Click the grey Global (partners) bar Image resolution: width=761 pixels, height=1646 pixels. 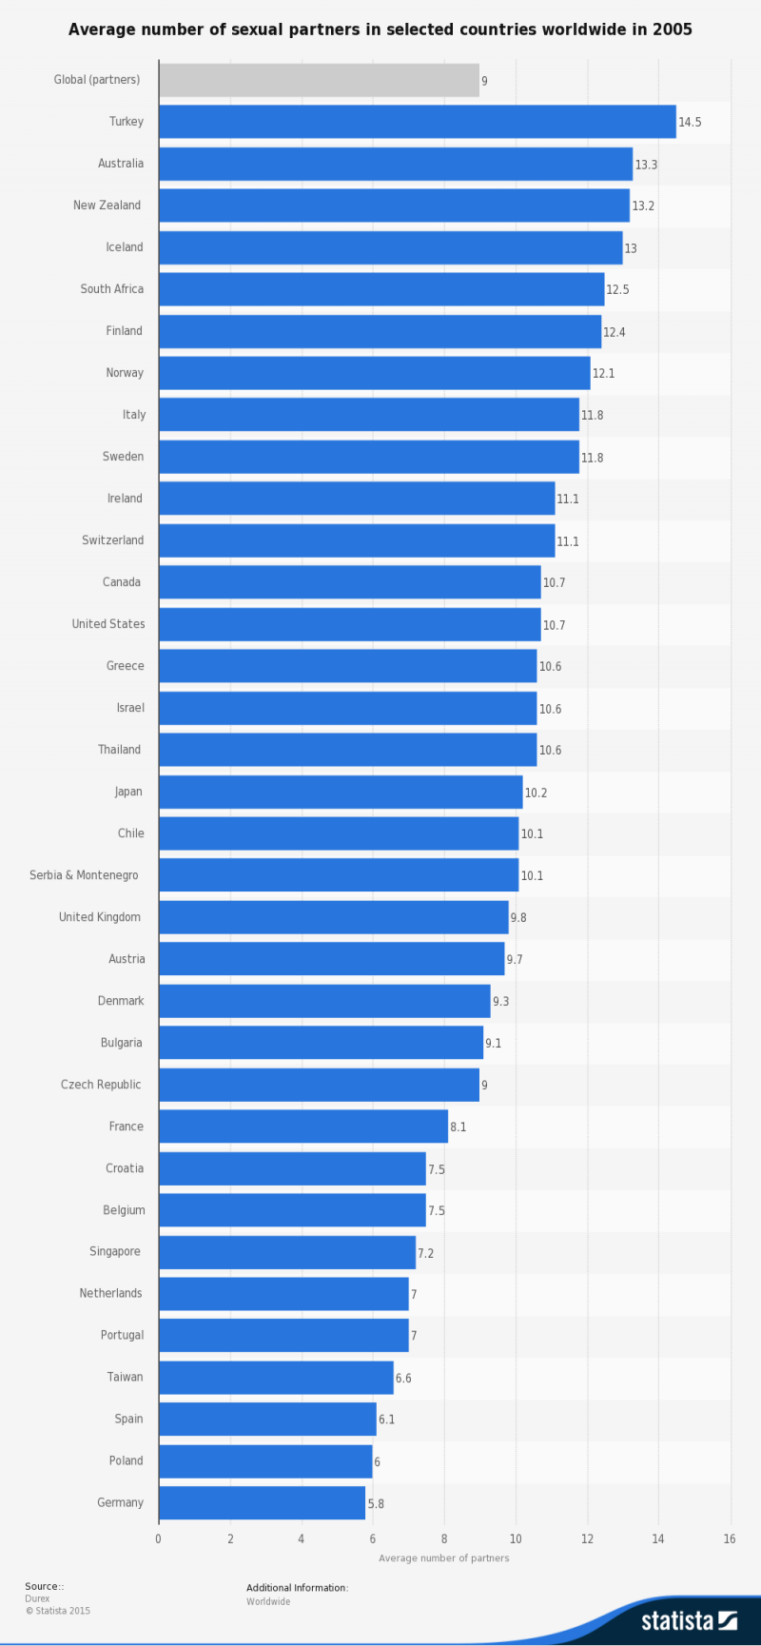319,80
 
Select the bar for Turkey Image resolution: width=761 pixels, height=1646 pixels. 417,122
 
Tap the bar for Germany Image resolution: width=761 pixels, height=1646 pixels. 262,1503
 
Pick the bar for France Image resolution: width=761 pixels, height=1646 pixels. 302,1127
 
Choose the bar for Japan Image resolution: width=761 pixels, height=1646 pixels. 340,792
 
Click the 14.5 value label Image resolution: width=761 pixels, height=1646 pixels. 690,123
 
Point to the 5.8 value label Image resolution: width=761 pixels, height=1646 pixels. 376,1504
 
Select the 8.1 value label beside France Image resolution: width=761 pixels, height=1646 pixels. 459,1127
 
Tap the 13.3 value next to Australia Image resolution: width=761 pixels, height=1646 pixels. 646,165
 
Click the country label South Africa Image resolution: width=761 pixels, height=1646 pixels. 112,289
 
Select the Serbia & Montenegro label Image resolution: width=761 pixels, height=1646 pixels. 84,875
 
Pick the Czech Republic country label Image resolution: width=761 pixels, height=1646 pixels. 101,1085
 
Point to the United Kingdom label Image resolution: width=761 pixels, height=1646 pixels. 100,917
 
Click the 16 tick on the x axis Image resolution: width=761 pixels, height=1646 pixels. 730,1539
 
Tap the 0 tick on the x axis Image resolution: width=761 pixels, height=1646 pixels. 159,1539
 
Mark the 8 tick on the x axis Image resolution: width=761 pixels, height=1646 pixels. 444,1539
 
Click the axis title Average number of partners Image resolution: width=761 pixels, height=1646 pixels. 444,1558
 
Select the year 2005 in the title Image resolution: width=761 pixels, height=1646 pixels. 672,29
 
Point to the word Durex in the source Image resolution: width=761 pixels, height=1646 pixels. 37,1598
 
